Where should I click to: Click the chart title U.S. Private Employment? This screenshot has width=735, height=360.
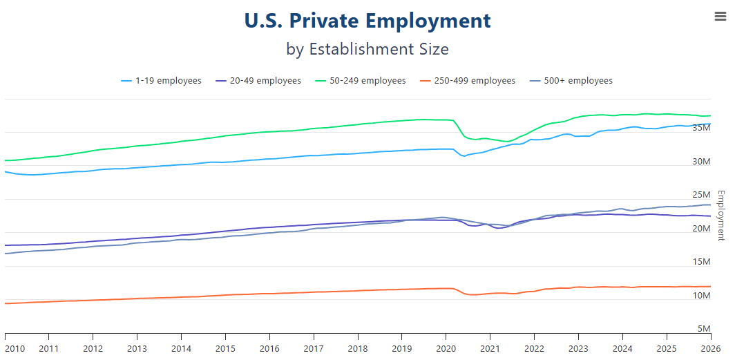point(367,21)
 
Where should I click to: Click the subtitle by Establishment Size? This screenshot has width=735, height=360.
point(367,50)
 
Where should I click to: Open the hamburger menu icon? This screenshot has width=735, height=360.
point(720,17)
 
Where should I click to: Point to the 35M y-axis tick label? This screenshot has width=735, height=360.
point(701,128)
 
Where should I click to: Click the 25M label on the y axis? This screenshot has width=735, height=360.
point(701,195)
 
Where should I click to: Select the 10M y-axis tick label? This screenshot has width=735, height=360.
point(701,296)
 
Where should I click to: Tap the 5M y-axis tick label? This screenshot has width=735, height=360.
point(704,329)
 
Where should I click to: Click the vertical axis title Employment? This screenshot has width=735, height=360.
point(720,216)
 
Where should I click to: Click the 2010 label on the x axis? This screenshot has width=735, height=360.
point(15,348)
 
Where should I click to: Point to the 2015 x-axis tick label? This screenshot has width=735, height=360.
point(225,348)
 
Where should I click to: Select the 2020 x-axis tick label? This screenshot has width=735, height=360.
point(446,348)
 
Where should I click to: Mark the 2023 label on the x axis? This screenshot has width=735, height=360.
point(578,348)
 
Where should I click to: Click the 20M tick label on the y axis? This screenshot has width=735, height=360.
point(701,229)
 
